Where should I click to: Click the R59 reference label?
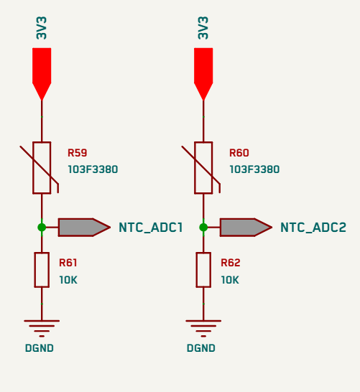78,153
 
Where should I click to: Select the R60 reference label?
239,153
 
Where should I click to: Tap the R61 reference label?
68,263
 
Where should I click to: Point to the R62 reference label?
231,263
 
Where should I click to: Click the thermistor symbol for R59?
42,168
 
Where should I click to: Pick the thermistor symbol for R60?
203,168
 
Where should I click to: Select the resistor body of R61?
42,270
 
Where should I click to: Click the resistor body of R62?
203,270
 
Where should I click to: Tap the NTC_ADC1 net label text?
151,228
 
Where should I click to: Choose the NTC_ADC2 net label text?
313,228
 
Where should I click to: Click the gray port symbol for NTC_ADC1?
84,228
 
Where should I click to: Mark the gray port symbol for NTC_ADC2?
246,228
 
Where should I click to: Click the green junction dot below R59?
42,228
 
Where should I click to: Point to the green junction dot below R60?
203,228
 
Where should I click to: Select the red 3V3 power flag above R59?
42,74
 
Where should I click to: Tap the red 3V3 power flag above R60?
203,74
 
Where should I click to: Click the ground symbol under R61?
42,328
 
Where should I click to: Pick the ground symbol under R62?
203,328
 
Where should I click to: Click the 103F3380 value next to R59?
93,169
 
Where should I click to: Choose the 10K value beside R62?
230,280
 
